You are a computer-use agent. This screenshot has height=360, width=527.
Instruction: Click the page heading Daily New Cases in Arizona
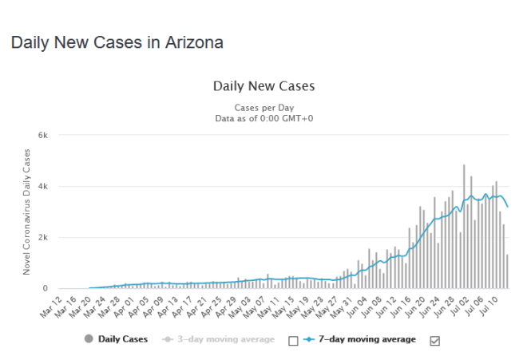tap(117, 42)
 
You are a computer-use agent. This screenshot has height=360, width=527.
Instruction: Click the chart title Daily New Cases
tap(263, 86)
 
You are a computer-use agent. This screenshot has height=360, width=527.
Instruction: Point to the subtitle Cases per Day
tap(263, 107)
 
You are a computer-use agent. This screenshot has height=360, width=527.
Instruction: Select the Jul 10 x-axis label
tap(495, 305)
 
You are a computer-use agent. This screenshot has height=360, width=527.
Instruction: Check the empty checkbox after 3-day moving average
tap(292, 340)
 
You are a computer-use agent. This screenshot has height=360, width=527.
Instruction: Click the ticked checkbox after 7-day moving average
tap(435, 340)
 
